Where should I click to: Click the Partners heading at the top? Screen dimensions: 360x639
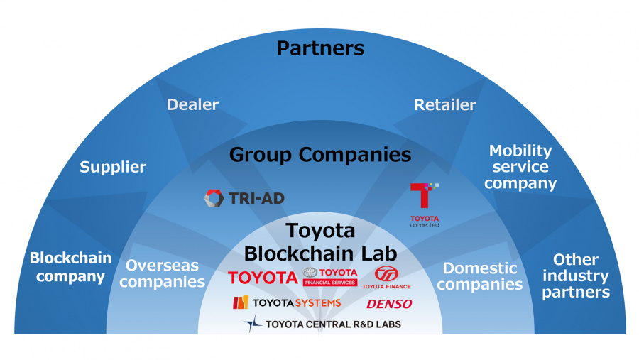[x=319, y=48]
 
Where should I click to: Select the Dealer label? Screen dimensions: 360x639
[x=192, y=105]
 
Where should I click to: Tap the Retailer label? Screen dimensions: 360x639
[x=444, y=105]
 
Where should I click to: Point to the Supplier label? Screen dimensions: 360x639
[x=113, y=168]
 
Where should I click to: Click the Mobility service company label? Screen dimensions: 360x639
[x=520, y=167]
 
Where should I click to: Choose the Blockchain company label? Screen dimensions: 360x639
[x=70, y=267]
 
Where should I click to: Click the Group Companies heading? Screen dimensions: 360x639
[x=320, y=154]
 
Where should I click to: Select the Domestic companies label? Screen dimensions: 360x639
[x=479, y=276]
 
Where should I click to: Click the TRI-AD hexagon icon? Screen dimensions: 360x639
[x=214, y=198]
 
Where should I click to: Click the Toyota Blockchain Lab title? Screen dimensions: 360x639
[x=319, y=242]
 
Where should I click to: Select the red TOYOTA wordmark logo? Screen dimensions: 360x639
[x=263, y=277]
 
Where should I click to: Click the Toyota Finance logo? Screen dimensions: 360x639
[x=387, y=278]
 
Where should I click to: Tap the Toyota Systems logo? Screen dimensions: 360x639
[x=287, y=303]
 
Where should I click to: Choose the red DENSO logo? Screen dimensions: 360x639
[x=389, y=304]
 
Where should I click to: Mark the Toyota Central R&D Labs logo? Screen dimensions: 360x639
[x=322, y=324]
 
